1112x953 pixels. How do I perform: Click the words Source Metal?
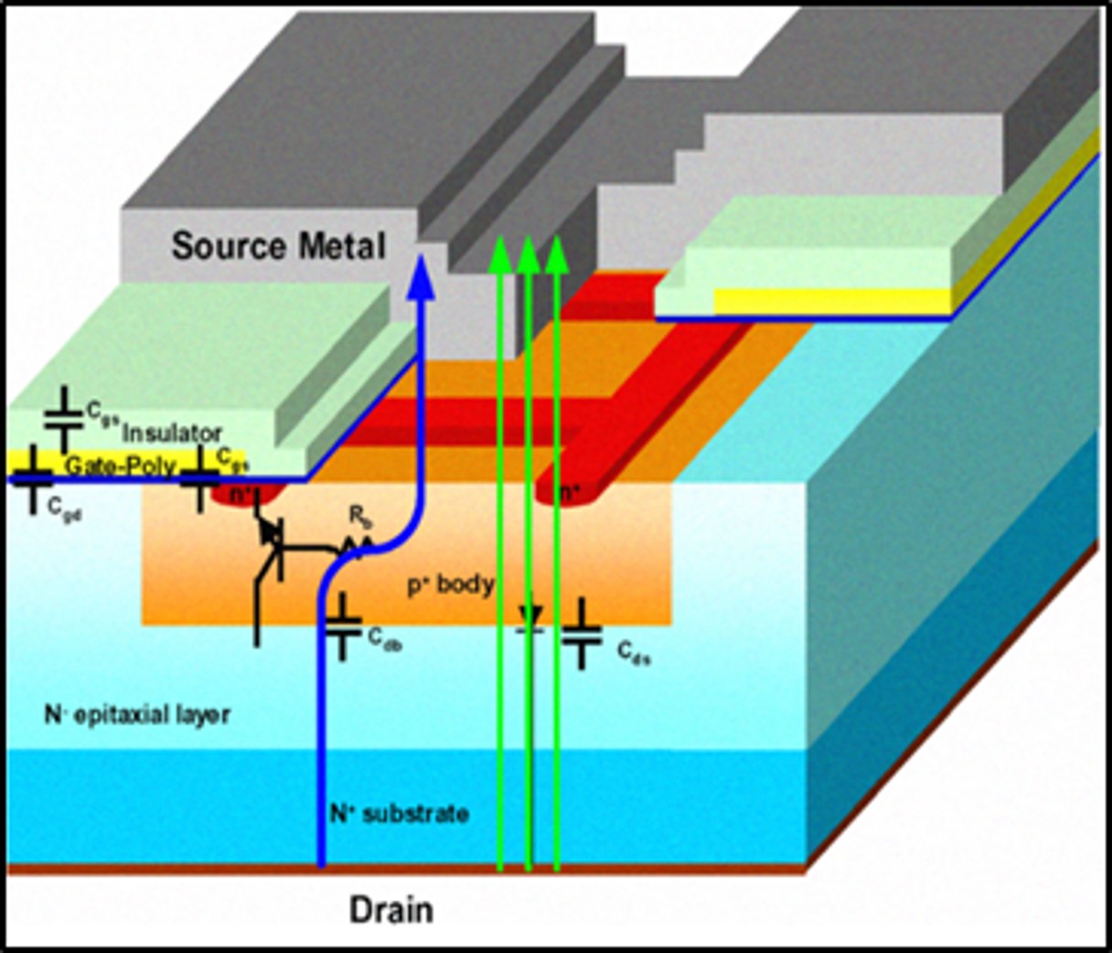(278, 247)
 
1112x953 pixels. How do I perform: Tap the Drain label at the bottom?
(391, 910)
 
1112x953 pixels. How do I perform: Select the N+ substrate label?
(400, 813)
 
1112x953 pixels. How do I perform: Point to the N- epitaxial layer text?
(137, 714)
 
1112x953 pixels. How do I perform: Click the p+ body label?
(450, 584)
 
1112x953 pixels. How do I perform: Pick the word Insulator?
(172, 433)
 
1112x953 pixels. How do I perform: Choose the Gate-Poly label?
(120, 466)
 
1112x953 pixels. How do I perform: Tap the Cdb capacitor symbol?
(344, 627)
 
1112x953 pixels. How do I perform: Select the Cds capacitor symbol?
(582, 634)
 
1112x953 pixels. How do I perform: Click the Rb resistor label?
(359, 517)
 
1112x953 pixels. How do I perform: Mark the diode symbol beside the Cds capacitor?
(529, 618)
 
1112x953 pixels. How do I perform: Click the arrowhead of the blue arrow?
(422, 273)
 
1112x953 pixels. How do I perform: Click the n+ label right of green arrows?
(570, 495)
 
